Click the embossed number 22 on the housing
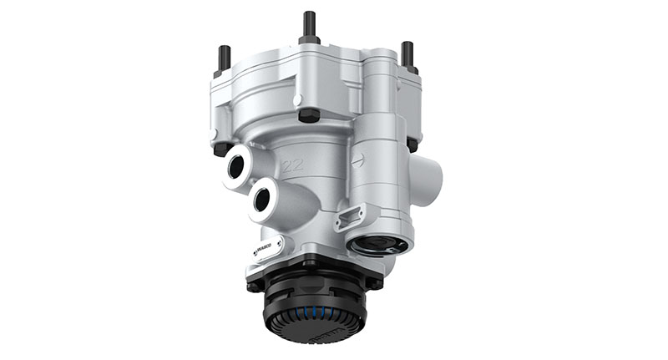click(292, 165)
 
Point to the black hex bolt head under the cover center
click(308, 114)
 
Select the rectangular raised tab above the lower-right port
click(349, 217)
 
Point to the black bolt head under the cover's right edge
click(412, 143)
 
